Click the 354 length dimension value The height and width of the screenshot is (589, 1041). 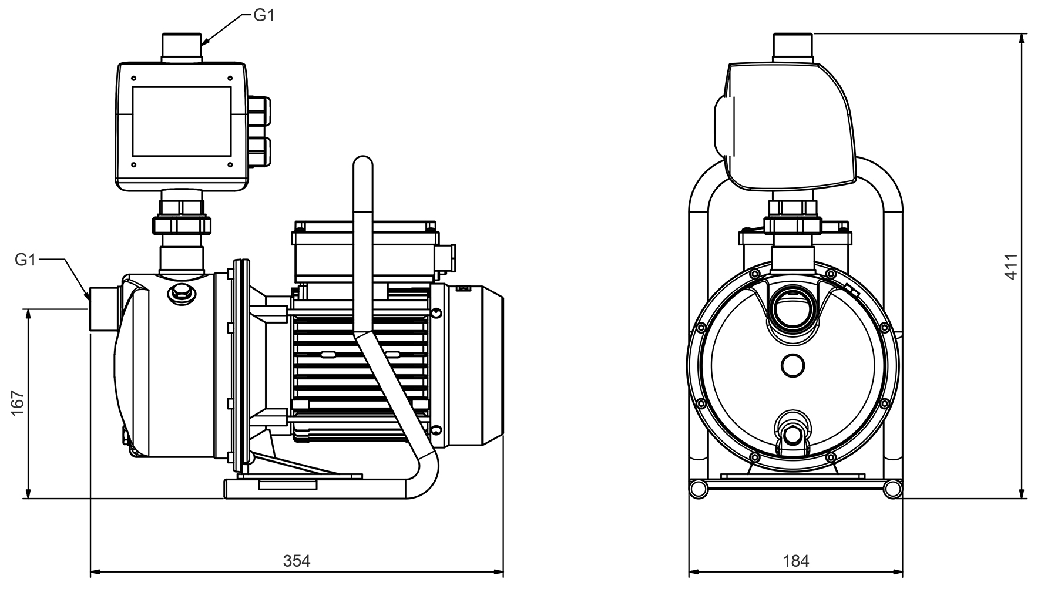297,561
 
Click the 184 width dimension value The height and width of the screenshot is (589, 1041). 795,561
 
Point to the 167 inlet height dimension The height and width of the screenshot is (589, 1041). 18,403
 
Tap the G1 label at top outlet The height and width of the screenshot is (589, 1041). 264,15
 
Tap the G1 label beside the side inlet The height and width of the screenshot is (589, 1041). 25,260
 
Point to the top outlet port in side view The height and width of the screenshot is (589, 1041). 182,47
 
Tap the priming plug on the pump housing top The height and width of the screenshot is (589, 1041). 182,292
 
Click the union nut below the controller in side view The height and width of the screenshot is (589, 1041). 182,224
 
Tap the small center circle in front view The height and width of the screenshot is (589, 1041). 792,365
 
